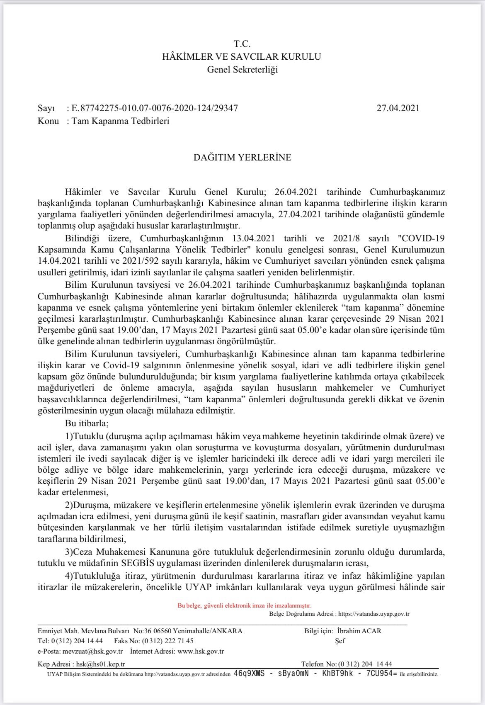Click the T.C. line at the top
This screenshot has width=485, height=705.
point(242,44)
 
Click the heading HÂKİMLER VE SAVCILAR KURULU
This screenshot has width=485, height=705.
point(242,56)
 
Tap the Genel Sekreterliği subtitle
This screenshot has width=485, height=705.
point(242,69)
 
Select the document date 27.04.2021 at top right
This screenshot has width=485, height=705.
point(398,108)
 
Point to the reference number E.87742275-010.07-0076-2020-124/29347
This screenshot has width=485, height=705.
point(155,108)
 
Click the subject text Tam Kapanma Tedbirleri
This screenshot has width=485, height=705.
point(120,121)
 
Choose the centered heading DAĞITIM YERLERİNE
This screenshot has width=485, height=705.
point(242,158)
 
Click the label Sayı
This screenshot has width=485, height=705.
point(46,108)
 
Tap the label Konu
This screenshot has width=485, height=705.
point(48,121)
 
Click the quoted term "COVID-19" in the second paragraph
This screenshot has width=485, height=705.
point(421,239)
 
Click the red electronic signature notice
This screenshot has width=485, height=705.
point(244,606)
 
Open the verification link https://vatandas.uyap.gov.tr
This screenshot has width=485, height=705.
point(374,614)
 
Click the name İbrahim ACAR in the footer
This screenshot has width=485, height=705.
point(359,631)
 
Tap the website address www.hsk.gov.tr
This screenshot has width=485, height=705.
point(201,652)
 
